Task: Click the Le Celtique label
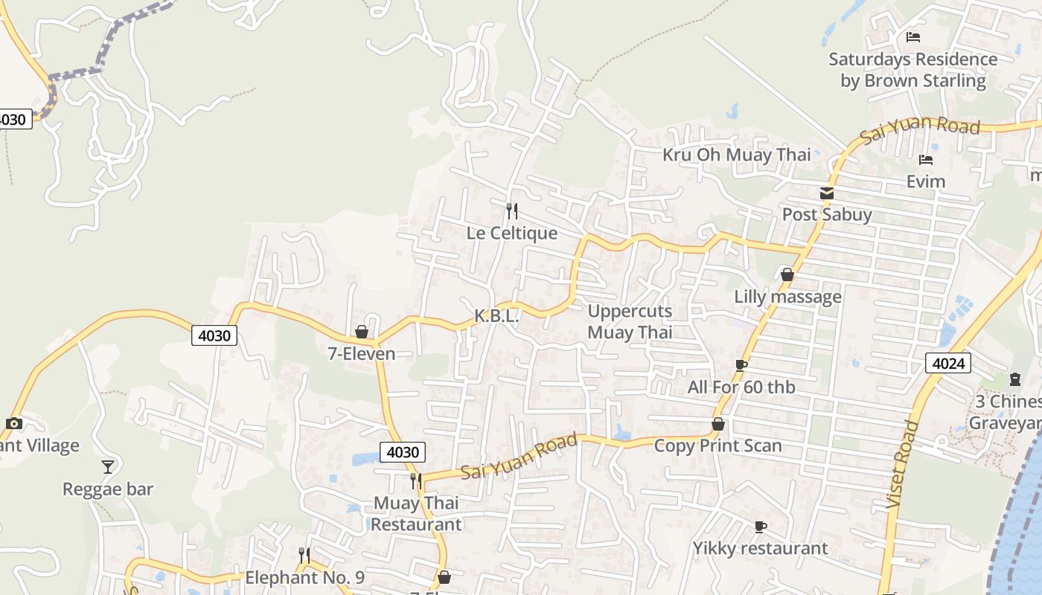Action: pyautogui.click(x=512, y=233)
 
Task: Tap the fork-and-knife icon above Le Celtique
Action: pyautogui.click(x=511, y=211)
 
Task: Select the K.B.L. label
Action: pyautogui.click(x=496, y=316)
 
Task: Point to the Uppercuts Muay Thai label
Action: pyautogui.click(x=630, y=321)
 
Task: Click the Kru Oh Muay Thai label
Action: pyautogui.click(x=737, y=155)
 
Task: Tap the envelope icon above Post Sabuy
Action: pyautogui.click(x=826, y=193)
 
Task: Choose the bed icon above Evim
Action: pyautogui.click(x=926, y=160)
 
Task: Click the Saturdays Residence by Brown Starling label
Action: pyautogui.click(x=913, y=69)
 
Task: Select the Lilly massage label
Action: pyautogui.click(x=788, y=296)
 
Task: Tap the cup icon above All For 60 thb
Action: pyautogui.click(x=741, y=365)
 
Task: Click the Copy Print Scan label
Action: pyautogui.click(x=718, y=446)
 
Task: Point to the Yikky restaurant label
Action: pyautogui.click(x=760, y=548)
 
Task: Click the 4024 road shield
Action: pyautogui.click(x=948, y=363)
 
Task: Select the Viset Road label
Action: pyautogui.click(x=902, y=466)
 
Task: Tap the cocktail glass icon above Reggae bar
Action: pyautogui.click(x=108, y=467)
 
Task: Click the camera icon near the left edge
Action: pyautogui.click(x=13, y=424)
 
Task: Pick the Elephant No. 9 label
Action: pyautogui.click(x=304, y=577)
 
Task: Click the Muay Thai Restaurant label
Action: pyautogui.click(x=416, y=513)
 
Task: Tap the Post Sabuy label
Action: pyautogui.click(x=827, y=214)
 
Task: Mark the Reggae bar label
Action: pyautogui.click(x=108, y=489)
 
